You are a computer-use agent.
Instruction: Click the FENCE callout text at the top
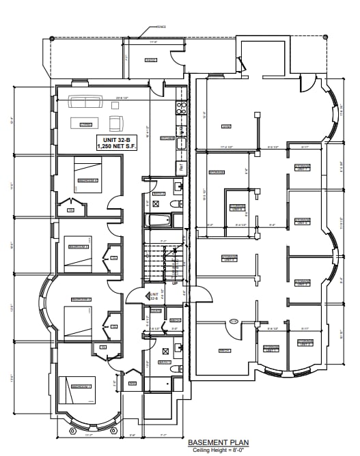point(161,27)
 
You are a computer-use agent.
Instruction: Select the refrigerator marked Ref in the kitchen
point(181,165)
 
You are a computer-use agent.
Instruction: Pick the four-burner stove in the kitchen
point(181,107)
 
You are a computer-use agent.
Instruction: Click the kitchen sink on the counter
point(181,143)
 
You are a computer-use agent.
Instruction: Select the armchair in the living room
point(116,124)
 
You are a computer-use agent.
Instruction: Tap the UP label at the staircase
point(174,283)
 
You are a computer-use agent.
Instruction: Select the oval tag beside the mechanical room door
point(234,322)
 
